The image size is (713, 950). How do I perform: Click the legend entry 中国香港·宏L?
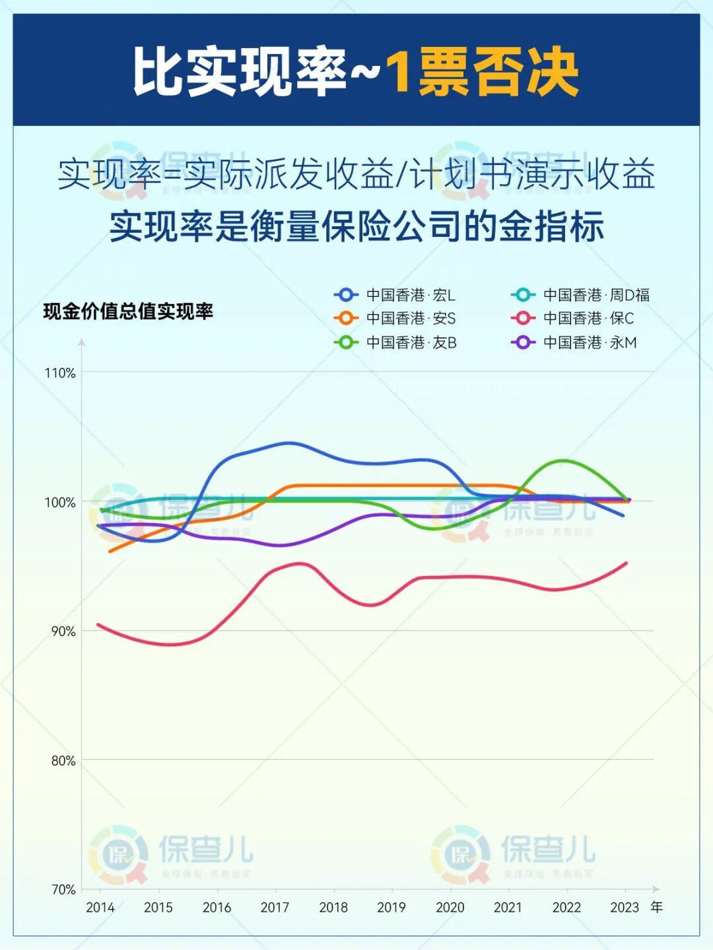(x=395, y=295)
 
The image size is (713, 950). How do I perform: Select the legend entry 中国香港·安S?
(x=395, y=319)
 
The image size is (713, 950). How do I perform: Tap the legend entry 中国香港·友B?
(x=395, y=342)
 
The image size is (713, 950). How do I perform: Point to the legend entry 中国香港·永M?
(x=573, y=342)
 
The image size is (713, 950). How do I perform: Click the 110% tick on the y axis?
(x=60, y=373)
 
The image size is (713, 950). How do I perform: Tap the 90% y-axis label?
(x=63, y=631)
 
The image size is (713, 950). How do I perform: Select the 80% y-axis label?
(x=63, y=761)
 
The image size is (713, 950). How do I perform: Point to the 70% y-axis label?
(x=63, y=889)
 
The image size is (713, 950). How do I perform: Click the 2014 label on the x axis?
(x=100, y=908)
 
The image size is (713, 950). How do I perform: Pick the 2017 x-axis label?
(x=275, y=908)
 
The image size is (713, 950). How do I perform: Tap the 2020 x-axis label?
(x=450, y=908)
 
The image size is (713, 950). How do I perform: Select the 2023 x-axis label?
(x=625, y=908)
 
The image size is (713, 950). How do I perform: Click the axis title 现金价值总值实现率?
(x=128, y=311)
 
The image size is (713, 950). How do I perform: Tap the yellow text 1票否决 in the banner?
(x=482, y=71)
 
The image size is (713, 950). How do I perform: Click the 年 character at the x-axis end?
(x=657, y=907)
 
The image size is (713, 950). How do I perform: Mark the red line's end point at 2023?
(x=626, y=563)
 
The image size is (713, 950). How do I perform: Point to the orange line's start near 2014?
(x=110, y=551)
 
